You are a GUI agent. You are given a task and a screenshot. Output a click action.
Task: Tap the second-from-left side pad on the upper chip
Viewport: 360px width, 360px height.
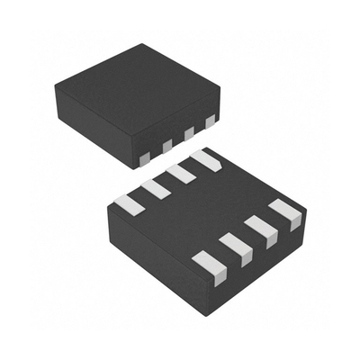(166, 146)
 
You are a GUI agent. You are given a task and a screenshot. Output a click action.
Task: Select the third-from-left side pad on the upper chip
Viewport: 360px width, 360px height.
(188, 133)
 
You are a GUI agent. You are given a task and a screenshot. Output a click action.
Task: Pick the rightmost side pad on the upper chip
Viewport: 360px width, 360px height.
(210, 120)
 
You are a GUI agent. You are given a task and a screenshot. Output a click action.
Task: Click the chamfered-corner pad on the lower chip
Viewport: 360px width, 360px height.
(206, 160)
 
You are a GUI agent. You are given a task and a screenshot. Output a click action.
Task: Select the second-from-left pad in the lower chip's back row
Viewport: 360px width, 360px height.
(156, 188)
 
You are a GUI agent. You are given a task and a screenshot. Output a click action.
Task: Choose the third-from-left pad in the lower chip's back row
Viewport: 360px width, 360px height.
(181, 173)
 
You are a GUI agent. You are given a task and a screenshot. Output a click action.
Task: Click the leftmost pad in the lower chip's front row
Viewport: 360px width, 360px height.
(209, 268)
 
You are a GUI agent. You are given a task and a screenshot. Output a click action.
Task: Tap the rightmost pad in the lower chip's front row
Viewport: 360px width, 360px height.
(286, 212)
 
